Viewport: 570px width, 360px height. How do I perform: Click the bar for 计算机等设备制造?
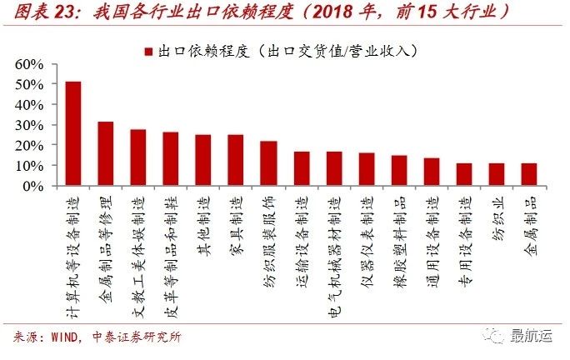click(73, 133)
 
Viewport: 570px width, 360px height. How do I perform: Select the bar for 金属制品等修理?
click(106, 153)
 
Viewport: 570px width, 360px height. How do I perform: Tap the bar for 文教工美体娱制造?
click(138, 157)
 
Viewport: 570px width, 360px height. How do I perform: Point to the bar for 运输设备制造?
click(302, 168)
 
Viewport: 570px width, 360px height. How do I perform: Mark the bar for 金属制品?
click(529, 174)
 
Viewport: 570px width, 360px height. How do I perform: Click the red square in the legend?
click(147, 52)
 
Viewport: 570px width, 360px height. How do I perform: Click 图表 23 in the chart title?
click(47, 12)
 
